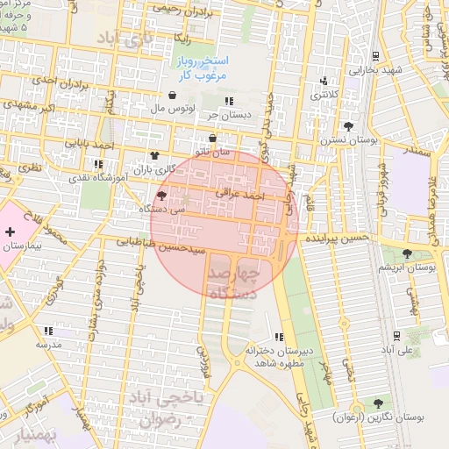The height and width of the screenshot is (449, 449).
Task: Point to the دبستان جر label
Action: click(224, 114)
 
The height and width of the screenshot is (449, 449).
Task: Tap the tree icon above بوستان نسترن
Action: click(348, 126)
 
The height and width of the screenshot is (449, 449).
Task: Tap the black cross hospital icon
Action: click(9, 232)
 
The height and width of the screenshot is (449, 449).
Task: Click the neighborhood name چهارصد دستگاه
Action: click(233, 283)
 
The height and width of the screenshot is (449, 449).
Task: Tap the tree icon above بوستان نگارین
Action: click(378, 403)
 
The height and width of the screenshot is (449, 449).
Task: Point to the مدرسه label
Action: click(48, 345)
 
